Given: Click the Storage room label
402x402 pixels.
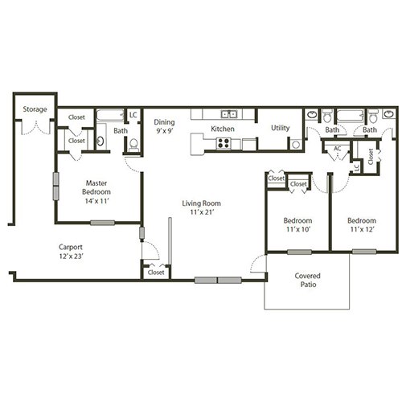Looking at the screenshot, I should point(35,109).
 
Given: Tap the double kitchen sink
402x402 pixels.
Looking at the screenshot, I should point(229,114).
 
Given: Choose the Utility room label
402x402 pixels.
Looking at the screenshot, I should point(280,128).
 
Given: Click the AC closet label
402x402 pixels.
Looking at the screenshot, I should point(338,149).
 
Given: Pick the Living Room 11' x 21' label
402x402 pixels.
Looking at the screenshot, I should point(200,207).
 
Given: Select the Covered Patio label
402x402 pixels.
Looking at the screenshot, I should point(307,279).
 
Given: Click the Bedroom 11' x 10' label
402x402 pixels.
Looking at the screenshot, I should point(297,225).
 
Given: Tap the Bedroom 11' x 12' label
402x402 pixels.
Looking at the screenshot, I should point(362,225).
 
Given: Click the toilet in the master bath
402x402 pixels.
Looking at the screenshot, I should point(133,145).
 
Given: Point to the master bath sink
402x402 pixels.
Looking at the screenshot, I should point(100,141).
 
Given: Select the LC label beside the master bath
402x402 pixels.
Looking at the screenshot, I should point(133,115).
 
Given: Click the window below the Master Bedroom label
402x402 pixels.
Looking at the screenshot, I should point(103,223).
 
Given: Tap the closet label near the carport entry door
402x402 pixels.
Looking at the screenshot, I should point(155,273).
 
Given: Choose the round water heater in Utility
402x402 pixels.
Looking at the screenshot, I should point(295,145).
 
